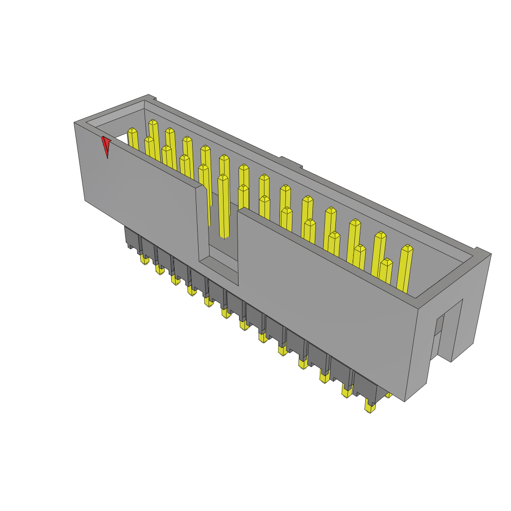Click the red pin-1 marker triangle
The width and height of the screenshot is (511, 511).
point(106,146)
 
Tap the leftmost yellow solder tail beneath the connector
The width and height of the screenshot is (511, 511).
point(145,259)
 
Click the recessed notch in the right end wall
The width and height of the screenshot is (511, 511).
point(452,329)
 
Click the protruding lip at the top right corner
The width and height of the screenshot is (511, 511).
point(482,252)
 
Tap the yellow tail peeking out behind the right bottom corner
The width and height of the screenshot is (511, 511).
point(388,395)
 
